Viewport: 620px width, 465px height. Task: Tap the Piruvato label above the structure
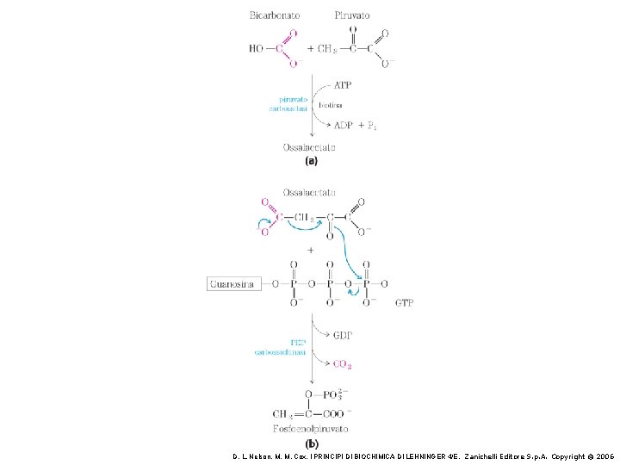pyautogui.click(x=351, y=15)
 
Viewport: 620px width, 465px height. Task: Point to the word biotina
pyautogui.click(x=331, y=105)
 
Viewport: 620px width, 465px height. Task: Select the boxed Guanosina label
pyautogui.click(x=233, y=283)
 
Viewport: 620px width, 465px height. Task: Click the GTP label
pyautogui.click(x=404, y=303)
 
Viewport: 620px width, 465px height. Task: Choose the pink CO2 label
pyautogui.click(x=342, y=364)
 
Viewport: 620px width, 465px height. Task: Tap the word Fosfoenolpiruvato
pyautogui.click(x=309, y=429)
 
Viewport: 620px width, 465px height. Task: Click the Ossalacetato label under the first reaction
pyautogui.click(x=309, y=147)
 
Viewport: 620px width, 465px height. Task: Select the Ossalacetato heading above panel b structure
pyautogui.click(x=309, y=192)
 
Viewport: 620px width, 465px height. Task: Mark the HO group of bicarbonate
pyautogui.click(x=256, y=49)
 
